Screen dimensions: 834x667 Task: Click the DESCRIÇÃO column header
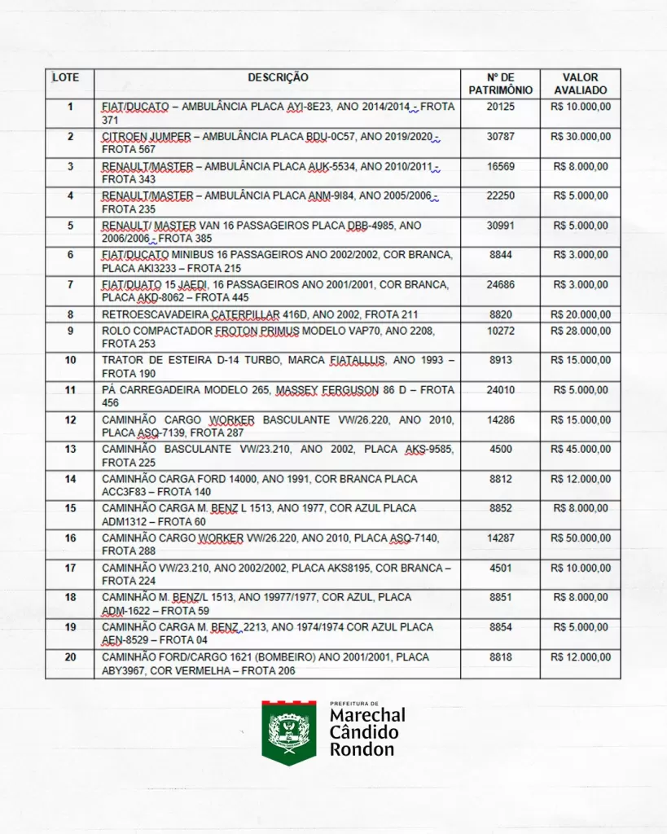click(278, 77)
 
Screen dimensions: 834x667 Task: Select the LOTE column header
click(66, 77)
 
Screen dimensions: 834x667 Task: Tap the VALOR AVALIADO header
click(580, 84)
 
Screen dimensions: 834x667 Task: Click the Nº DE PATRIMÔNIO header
click(500, 84)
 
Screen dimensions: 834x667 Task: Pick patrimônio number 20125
click(500, 107)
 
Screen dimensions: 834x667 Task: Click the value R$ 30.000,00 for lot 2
click(580, 136)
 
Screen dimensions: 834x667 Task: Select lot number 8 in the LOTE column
click(70, 314)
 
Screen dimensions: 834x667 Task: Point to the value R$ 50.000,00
click(580, 538)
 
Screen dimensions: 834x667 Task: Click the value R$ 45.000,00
click(580, 449)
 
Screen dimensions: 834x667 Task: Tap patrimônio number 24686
click(500, 285)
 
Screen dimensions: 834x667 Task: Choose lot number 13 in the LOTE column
click(70, 449)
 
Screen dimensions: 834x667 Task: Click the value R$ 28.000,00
click(580, 331)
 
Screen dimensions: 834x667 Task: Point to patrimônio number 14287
click(500, 538)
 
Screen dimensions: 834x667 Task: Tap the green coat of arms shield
click(288, 732)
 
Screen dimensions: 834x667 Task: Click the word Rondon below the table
click(362, 749)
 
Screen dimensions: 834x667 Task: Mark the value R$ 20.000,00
click(580, 314)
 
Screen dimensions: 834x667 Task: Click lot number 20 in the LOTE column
click(70, 656)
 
